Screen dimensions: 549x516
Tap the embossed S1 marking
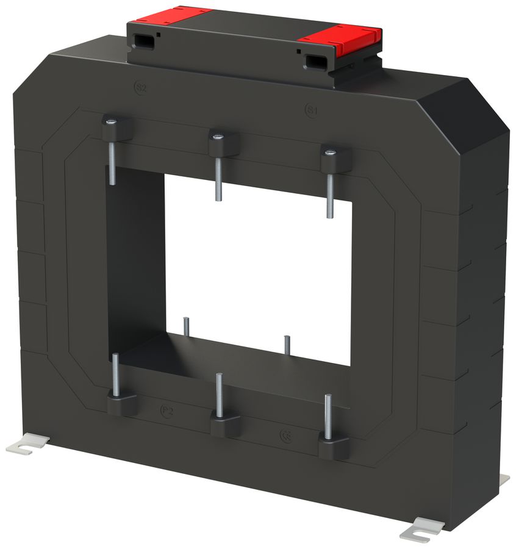[x=311, y=110]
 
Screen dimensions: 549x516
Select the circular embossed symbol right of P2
[x=284, y=435]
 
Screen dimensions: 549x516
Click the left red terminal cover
[x=173, y=15]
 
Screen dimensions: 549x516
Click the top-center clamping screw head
[x=217, y=137]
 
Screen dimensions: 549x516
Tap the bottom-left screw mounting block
[x=122, y=403]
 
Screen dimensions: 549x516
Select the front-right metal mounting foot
[x=422, y=529]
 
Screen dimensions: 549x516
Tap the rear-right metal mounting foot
[x=504, y=479]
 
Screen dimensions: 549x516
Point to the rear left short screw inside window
[x=186, y=328]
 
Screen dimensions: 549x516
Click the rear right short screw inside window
[x=286, y=344]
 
